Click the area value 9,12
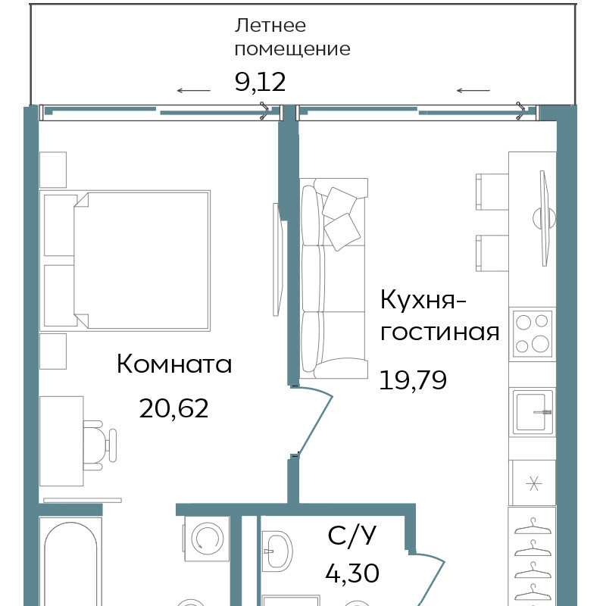[x=260, y=82]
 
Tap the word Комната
[x=174, y=364]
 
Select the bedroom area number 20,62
[x=174, y=408]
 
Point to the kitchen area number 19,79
[x=413, y=380]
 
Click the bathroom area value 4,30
[x=352, y=573]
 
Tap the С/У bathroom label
[x=351, y=536]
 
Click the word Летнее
[x=270, y=26]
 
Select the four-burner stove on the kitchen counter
[x=533, y=333]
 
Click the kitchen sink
[x=533, y=412]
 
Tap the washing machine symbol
[x=207, y=539]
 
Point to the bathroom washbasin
[x=277, y=551]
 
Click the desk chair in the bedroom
[x=100, y=445]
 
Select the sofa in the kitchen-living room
[x=333, y=278]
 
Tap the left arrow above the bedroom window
[x=194, y=91]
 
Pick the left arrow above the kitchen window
[x=473, y=91]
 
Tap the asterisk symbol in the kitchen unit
[x=534, y=484]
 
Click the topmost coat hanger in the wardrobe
[x=533, y=527]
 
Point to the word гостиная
[x=440, y=333]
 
